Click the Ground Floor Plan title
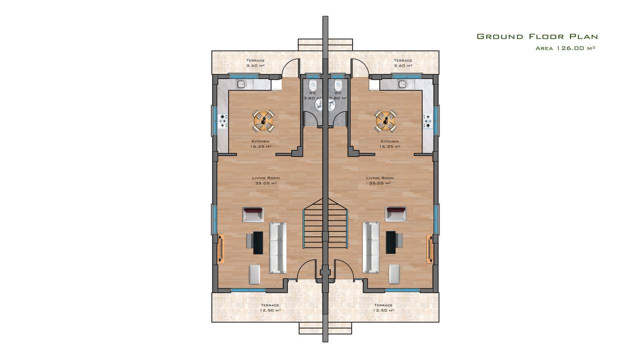coord(537,37)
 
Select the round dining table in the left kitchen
coord(263,121)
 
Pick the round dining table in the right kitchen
coord(386,121)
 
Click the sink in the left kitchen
coord(241,84)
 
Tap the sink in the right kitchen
coord(403,84)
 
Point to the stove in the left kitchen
coord(223,121)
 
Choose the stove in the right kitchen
coord(428,121)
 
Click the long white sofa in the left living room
coord(277,248)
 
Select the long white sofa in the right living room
coord(371,248)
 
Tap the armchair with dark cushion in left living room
coord(253,215)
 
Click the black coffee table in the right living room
coord(391,243)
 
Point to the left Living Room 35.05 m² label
coord(266,181)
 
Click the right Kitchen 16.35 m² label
coord(390,144)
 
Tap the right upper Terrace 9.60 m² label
coord(403,63)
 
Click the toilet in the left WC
coord(312,85)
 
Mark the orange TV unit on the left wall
coord(221,248)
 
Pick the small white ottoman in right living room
coord(394,274)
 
